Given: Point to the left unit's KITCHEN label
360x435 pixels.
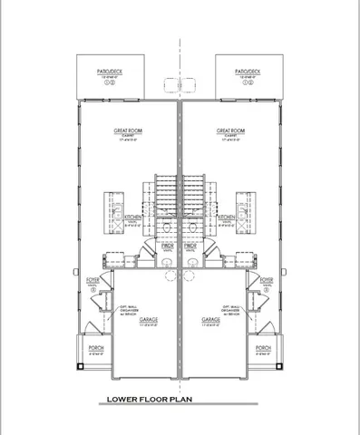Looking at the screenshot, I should click(x=132, y=217).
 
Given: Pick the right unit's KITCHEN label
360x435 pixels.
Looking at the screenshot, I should click(x=227, y=217).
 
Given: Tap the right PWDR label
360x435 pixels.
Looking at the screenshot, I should click(x=191, y=245).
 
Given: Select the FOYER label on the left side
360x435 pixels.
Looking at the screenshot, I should click(x=93, y=281).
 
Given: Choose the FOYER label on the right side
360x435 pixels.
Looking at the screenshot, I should click(x=266, y=281).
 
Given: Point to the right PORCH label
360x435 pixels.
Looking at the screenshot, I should click(x=262, y=348).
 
